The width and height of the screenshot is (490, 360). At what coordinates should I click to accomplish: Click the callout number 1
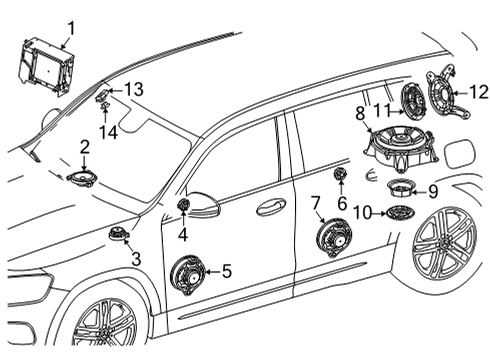tap(71, 28)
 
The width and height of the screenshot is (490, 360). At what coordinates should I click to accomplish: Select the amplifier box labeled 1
tap(46, 66)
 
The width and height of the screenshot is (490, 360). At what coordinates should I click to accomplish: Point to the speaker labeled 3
tap(118, 233)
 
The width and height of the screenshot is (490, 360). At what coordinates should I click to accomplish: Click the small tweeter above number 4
tap(183, 204)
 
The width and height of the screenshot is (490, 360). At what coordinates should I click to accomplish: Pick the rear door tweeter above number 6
tap(340, 173)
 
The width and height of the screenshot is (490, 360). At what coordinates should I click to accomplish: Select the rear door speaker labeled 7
tap(333, 238)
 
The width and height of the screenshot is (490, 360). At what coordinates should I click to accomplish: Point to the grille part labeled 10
tap(400, 213)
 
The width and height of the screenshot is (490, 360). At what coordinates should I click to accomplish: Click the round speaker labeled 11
tap(413, 101)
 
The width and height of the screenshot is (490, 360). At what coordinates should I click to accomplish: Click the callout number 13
tap(134, 89)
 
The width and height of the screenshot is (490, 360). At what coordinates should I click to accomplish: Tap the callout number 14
tap(109, 133)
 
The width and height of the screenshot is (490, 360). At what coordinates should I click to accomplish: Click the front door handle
tap(271, 208)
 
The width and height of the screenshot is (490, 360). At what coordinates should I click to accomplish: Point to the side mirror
tap(202, 205)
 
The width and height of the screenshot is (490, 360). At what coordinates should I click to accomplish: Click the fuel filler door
tap(460, 154)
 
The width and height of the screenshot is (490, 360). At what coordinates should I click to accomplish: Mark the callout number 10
tap(362, 213)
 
